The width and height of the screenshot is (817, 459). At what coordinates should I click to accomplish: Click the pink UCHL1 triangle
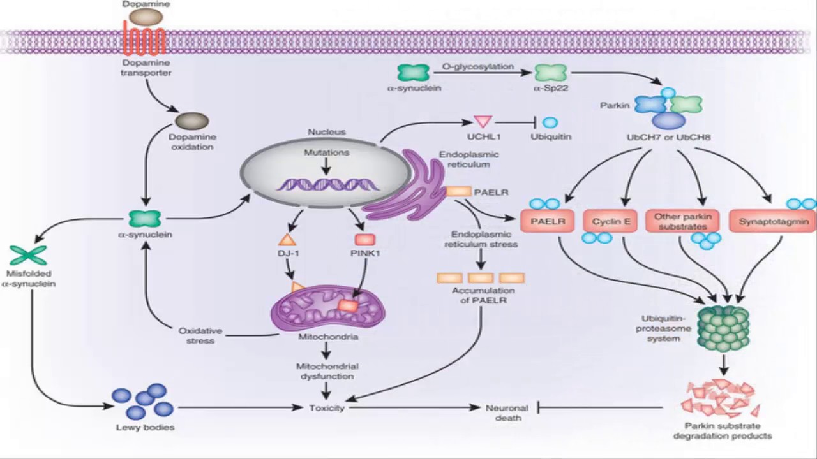(x=483, y=121)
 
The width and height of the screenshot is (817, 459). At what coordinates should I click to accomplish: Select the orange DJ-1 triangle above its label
(x=287, y=240)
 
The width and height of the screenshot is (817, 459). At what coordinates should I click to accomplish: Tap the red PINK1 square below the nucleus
(x=364, y=240)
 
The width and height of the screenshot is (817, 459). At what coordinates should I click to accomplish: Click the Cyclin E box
(x=611, y=221)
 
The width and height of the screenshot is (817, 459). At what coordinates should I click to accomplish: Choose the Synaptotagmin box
(x=774, y=221)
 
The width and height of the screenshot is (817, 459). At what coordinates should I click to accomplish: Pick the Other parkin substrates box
(x=682, y=221)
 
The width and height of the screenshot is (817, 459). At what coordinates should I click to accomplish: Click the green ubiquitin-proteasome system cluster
(x=723, y=328)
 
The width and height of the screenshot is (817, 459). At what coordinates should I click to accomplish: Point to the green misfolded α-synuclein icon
(x=28, y=256)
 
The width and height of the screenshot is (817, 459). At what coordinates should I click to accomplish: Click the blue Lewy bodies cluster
(x=144, y=401)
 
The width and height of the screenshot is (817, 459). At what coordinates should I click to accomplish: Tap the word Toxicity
(x=326, y=408)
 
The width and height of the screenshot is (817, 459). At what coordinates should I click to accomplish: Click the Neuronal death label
(x=507, y=412)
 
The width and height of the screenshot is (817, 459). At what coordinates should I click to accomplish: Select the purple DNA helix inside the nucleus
(x=327, y=185)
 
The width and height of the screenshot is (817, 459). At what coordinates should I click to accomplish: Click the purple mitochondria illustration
(x=328, y=308)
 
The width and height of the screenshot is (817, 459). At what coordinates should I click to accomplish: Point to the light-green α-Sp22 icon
(x=550, y=73)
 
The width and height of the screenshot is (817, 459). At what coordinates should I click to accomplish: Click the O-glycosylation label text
(x=477, y=66)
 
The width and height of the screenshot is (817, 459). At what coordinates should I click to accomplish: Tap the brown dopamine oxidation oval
(x=192, y=120)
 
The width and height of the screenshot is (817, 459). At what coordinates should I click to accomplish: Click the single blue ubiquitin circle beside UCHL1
(x=550, y=122)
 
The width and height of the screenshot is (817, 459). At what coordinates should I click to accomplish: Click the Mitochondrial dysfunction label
(x=327, y=371)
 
